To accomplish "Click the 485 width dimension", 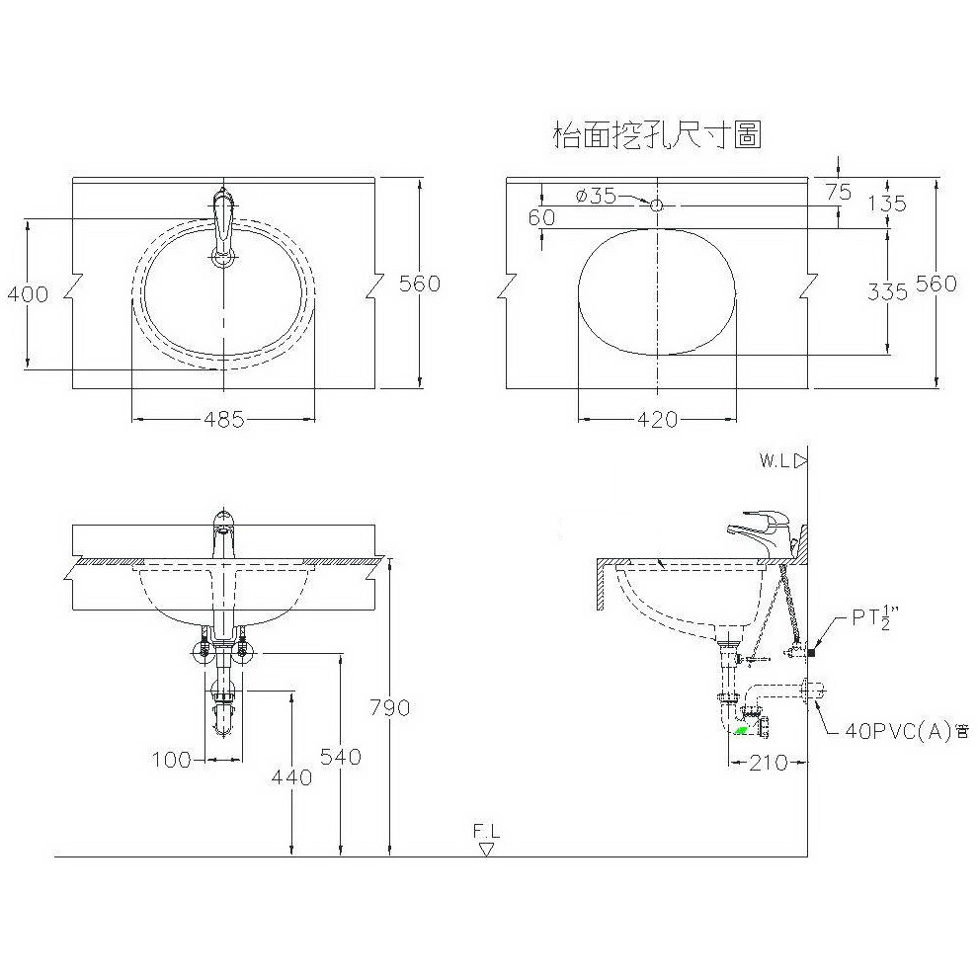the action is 224,419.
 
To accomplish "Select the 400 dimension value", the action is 28,293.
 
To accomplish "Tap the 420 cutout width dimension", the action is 657,419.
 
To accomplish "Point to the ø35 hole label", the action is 596,196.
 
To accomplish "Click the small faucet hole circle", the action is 657,204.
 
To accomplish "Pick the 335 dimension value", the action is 887,291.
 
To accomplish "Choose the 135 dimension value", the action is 887,204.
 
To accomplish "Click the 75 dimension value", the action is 839,192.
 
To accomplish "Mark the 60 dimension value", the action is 541,217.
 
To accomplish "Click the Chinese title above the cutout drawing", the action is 658,135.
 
